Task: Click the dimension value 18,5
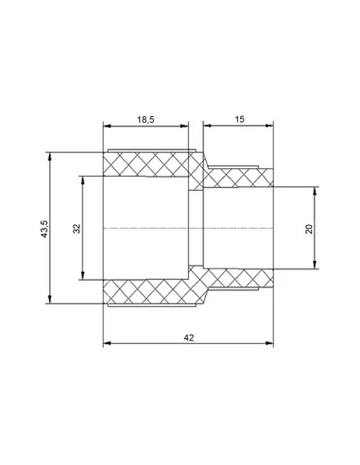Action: [146, 120]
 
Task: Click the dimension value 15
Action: [239, 119]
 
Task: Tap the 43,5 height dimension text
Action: [44, 229]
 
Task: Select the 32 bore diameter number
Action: [77, 229]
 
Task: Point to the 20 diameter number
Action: [309, 229]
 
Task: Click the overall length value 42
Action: [189, 337]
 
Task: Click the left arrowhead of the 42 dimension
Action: [108, 343]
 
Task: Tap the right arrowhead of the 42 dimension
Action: [269, 343]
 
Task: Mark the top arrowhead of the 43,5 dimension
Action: [49, 157]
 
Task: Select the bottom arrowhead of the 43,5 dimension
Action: [49, 300]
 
